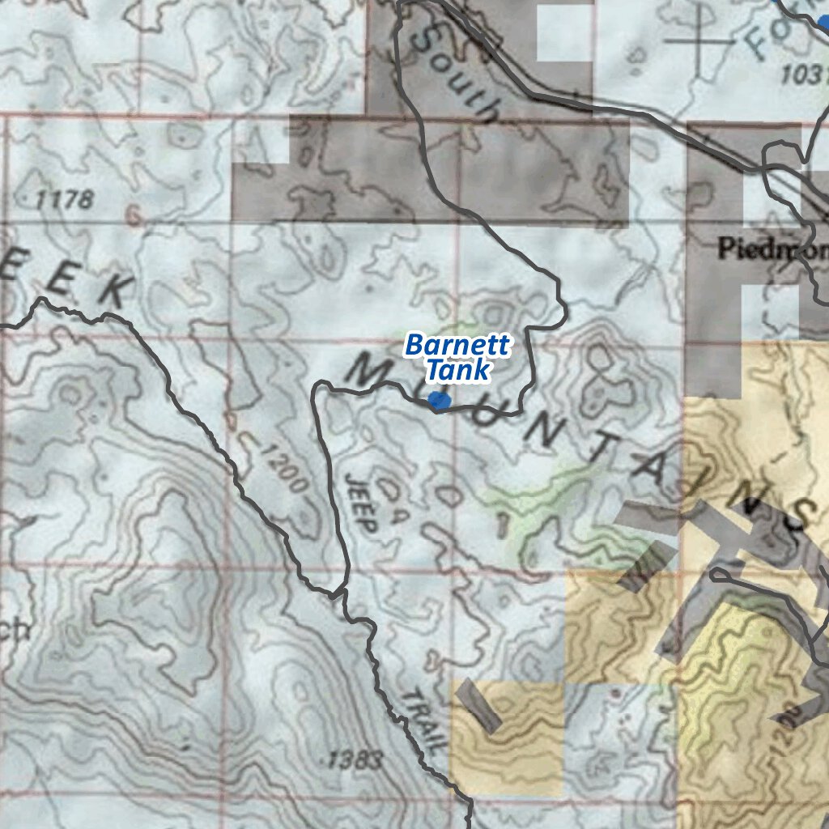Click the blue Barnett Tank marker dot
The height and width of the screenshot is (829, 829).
(x=439, y=400)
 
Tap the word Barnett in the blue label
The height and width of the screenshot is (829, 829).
(x=457, y=346)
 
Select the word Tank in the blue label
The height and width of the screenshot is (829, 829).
(x=459, y=371)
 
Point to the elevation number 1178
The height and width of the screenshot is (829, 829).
(x=65, y=199)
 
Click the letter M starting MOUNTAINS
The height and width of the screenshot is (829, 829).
(x=369, y=372)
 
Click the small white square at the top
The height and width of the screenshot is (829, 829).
(x=564, y=32)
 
